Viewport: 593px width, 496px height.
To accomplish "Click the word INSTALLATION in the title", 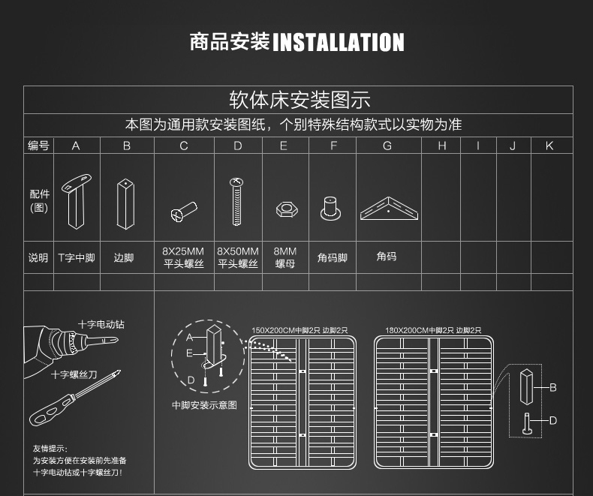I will (x=338, y=42).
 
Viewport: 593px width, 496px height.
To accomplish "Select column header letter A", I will (x=76, y=146).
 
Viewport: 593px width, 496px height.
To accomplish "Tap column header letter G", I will (x=387, y=146).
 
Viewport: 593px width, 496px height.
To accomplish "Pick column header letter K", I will (x=549, y=146).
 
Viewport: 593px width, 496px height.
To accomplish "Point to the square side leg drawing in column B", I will (x=126, y=203).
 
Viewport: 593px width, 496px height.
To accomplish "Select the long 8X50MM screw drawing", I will (x=237, y=200).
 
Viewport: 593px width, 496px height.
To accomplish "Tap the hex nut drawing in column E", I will (x=284, y=208).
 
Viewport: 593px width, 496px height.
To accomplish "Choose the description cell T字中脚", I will (x=77, y=257).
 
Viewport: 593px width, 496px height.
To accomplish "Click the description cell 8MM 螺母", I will (x=284, y=257).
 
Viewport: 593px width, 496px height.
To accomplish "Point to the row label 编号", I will (x=38, y=146).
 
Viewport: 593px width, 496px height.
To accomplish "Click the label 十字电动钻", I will (x=101, y=324).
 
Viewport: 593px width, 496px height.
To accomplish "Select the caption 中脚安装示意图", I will (x=204, y=405).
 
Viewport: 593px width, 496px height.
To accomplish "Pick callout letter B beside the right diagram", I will (x=553, y=387).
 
